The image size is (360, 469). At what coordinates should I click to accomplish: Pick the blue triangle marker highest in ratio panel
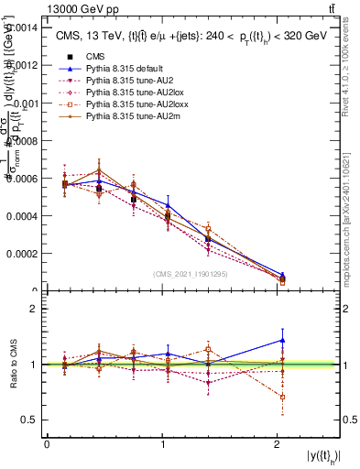point(282,340)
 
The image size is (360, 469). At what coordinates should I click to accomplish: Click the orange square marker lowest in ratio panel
point(282,397)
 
